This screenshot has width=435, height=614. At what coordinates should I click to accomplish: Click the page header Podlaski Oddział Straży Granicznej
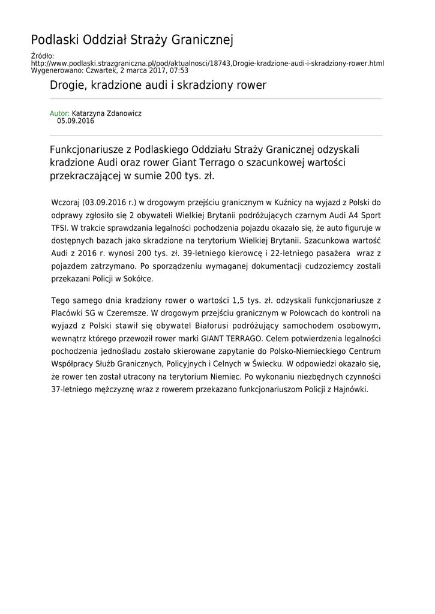click(x=132, y=40)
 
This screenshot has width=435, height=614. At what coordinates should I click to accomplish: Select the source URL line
click(x=207, y=63)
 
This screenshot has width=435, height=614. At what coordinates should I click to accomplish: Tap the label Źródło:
click(x=42, y=56)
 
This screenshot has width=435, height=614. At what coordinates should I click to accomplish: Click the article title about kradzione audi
click(x=158, y=85)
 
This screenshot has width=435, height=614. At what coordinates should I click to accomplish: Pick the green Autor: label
click(x=59, y=113)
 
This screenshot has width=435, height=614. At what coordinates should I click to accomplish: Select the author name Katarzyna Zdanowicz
click(x=107, y=113)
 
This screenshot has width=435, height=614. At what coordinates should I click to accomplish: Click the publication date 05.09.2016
click(x=76, y=121)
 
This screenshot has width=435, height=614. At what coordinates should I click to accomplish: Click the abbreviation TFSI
click(x=59, y=228)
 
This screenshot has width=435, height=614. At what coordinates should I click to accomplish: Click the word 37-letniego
click(x=74, y=389)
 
